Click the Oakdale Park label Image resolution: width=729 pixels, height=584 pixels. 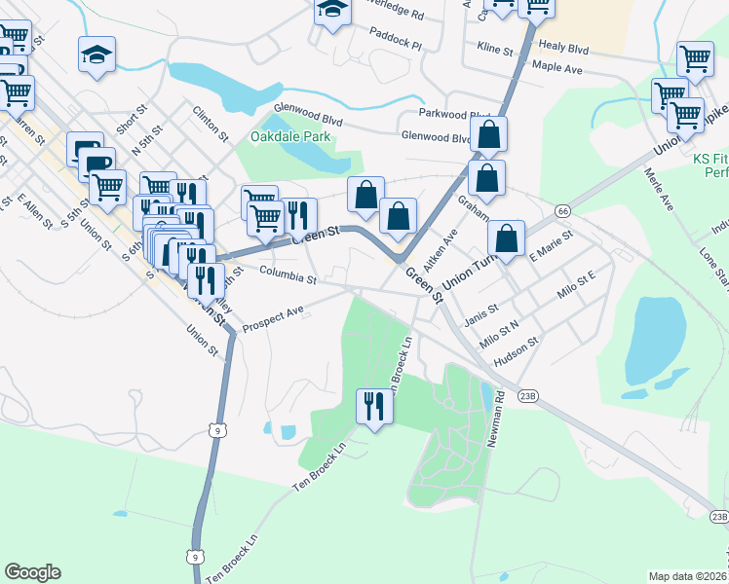pyautogui.click(x=290, y=137)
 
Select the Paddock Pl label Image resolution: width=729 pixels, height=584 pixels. pyautogui.click(x=396, y=45)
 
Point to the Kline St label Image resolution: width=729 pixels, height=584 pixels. pyautogui.click(x=496, y=47)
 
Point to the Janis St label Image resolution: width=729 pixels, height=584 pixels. pyautogui.click(x=482, y=310)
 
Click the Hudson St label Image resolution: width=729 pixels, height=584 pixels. pyautogui.click(x=518, y=350)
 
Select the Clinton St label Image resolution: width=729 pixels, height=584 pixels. pyautogui.click(x=211, y=123)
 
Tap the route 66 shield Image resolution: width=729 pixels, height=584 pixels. pyautogui.click(x=563, y=210)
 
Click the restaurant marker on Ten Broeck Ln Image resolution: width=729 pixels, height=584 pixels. pyautogui.click(x=372, y=405)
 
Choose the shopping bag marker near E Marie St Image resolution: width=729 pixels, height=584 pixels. pyautogui.click(x=507, y=238)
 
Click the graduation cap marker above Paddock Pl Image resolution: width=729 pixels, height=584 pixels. pyautogui.click(x=332, y=11)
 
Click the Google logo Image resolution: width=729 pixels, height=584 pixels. pyautogui.click(x=32, y=572)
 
